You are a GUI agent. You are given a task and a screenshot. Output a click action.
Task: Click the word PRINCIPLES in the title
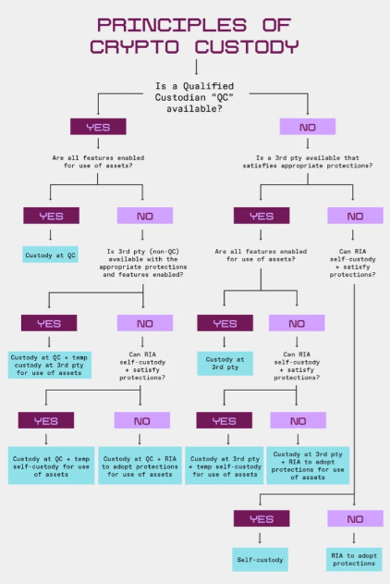(x=172, y=25)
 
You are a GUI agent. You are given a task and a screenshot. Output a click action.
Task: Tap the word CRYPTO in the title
(x=134, y=47)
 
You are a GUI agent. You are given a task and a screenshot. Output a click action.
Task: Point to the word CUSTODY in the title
(x=247, y=47)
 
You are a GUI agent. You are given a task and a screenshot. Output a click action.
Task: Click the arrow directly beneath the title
(x=196, y=67)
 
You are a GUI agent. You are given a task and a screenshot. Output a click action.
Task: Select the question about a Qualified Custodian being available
(x=194, y=97)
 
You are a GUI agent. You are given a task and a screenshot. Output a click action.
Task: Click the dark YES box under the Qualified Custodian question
(x=98, y=127)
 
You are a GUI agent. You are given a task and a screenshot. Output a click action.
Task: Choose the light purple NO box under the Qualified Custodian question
(x=308, y=127)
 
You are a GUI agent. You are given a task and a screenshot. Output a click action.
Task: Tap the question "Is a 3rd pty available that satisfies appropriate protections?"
(x=308, y=162)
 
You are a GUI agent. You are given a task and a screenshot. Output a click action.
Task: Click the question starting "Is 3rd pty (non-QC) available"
(x=142, y=263)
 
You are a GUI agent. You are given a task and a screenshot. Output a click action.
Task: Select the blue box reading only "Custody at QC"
(x=50, y=255)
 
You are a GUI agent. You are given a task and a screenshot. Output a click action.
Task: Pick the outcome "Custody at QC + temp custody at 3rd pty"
(x=50, y=365)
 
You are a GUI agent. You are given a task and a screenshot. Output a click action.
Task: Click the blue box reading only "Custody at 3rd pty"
(x=225, y=364)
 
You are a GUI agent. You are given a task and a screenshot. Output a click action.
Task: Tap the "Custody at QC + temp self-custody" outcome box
(x=52, y=466)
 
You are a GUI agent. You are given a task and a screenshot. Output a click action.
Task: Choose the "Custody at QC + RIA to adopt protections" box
(x=140, y=466)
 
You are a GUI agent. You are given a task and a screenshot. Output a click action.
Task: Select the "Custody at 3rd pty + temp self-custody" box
(x=225, y=466)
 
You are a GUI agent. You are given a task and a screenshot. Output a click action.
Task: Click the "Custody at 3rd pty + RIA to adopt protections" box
(x=308, y=466)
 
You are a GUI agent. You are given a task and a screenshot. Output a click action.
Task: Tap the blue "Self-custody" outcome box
(x=260, y=559)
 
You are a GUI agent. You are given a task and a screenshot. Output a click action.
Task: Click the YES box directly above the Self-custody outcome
(x=262, y=518)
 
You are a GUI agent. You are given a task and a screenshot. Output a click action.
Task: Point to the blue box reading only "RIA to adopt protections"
(x=354, y=559)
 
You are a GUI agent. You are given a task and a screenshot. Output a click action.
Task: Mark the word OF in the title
(x=276, y=25)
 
